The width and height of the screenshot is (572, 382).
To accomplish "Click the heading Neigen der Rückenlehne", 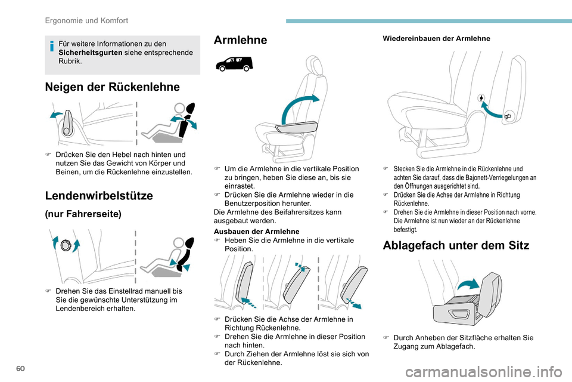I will (x=112, y=87).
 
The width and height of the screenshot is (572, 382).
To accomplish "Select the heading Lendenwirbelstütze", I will (x=99, y=195).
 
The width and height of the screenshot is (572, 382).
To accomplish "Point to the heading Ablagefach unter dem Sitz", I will (x=456, y=245).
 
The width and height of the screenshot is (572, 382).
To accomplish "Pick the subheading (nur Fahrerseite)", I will (x=83, y=214).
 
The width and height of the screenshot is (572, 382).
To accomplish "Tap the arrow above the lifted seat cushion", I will (x=469, y=284).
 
